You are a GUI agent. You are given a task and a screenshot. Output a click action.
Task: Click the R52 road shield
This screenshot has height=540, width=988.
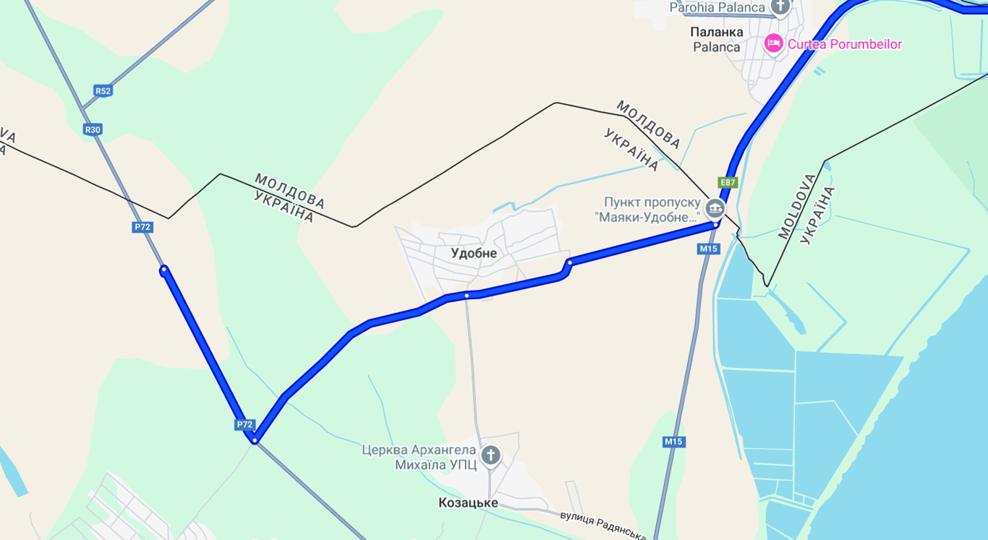click(103, 91)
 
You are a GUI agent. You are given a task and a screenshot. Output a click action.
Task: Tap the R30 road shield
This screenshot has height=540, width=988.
click(93, 129)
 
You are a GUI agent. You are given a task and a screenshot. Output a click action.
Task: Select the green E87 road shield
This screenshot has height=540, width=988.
click(728, 183)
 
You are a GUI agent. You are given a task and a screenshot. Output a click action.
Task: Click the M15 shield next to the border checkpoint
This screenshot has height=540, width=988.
click(709, 249)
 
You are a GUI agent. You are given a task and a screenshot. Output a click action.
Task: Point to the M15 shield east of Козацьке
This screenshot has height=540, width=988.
click(674, 442)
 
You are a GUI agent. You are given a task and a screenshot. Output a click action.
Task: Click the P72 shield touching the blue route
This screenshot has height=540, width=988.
click(244, 424)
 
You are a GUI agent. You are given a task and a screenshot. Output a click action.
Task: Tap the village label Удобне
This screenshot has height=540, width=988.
click(474, 253)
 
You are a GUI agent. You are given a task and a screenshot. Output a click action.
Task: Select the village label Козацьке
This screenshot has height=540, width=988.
click(468, 502)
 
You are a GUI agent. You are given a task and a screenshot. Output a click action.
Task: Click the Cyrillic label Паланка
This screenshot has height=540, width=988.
click(717, 32)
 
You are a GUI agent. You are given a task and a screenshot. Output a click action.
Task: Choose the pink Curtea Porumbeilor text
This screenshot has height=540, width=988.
click(844, 44)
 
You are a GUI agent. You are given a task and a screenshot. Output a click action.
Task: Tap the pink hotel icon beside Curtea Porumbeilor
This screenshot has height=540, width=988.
click(773, 43)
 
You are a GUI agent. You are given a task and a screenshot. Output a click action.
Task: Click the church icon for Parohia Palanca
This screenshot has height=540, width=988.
click(780, 7)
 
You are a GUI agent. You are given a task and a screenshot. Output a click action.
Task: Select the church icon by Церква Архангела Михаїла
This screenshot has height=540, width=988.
click(490, 455)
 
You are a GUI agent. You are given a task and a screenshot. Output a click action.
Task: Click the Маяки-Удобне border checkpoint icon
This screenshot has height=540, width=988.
click(715, 208)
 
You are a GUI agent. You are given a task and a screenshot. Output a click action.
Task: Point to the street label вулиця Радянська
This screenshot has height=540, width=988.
click(602, 525)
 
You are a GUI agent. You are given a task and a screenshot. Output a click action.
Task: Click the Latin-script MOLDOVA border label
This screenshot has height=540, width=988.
click(797, 207)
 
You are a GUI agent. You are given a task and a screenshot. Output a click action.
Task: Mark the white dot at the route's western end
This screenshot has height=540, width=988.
click(164, 270)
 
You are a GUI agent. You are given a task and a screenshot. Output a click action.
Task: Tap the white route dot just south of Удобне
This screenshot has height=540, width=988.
click(467, 296)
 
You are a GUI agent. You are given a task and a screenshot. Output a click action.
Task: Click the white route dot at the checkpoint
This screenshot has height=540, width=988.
click(715, 225)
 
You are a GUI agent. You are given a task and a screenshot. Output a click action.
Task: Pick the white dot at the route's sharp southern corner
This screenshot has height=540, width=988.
click(255, 440)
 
